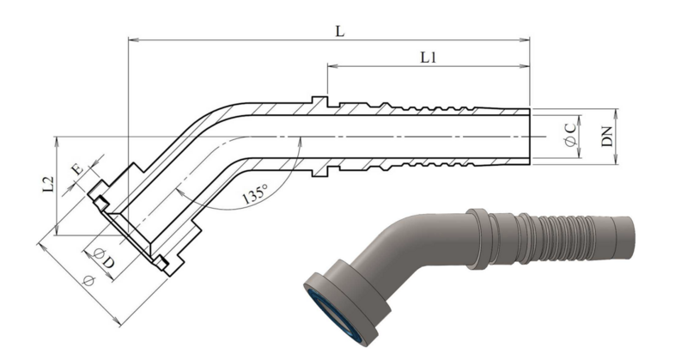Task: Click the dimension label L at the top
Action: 340,31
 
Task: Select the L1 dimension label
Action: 428,58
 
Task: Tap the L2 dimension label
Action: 49,185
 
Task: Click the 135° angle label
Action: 255,194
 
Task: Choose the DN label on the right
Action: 607,137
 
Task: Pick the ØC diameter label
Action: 570,135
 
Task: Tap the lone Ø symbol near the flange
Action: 88,280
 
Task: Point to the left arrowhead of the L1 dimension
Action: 332,66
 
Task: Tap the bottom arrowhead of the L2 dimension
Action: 56,230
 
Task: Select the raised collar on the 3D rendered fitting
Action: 478,239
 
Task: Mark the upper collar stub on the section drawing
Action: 319,101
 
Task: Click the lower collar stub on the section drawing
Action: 319,171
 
